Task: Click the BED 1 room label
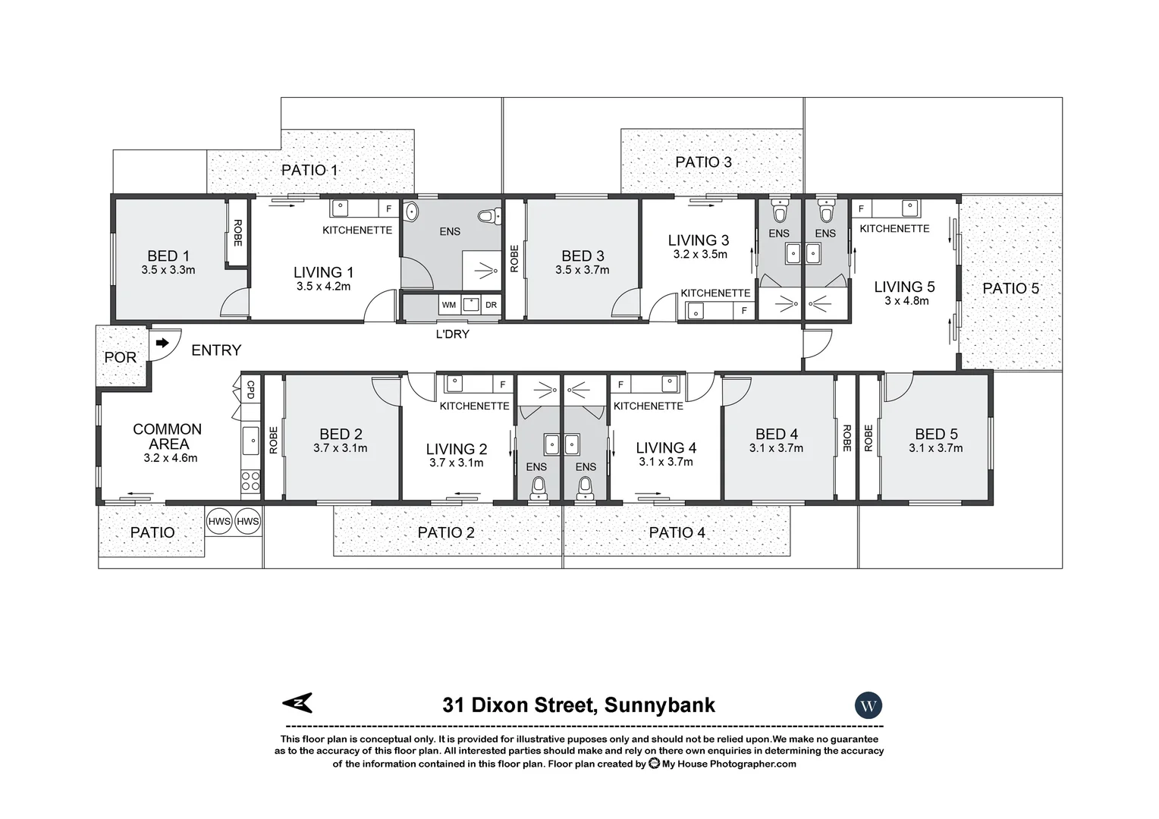(x=168, y=256)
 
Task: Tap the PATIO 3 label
(x=703, y=162)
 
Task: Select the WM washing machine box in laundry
(x=448, y=305)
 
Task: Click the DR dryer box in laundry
(x=491, y=305)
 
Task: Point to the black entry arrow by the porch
(x=162, y=343)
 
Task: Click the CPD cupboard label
(x=251, y=390)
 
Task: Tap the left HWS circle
(x=218, y=521)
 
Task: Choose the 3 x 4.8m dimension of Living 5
(x=906, y=301)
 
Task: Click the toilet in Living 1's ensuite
(x=494, y=216)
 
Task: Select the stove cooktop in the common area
(x=250, y=482)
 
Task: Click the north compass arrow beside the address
(x=297, y=704)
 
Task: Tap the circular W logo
(x=868, y=706)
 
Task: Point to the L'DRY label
(x=452, y=334)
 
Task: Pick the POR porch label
(x=120, y=357)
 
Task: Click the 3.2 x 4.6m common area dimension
(x=170, y=458)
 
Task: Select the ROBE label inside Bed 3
(x=514, y=259)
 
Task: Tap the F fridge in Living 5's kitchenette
(x=861, y=209)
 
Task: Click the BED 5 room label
(x=936, y=434)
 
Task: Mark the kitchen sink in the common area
(x=250, y=438)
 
